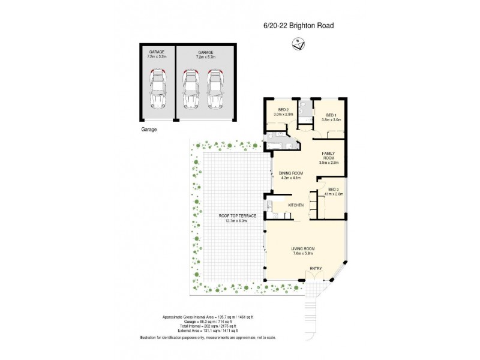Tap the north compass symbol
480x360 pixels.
tap(298, 43)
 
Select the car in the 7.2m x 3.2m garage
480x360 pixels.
tap(157, 88)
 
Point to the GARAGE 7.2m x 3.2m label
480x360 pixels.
tap(157, 55)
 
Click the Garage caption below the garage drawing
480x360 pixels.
tap(148, 129)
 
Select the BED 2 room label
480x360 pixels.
tap(282, 112)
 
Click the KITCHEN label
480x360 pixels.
tap(296, 206)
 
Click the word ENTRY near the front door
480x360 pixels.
tap(316, 268)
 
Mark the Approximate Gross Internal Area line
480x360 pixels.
tap(200, 316)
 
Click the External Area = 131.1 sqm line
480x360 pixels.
tap(200, 331)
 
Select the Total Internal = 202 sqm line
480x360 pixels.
tap(200, 326)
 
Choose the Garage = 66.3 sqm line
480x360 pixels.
tap(200, 321)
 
